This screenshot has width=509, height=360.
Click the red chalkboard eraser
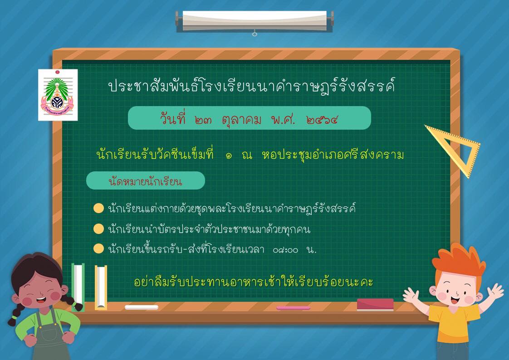coord(375,305)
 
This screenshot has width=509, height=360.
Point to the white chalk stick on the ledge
coord(141,307)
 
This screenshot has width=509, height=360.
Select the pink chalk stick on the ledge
coord(293,308)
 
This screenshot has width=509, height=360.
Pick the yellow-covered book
coord(101,287)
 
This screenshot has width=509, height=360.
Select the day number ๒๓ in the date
coord(203,121)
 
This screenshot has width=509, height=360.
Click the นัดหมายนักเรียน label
coord(145,181)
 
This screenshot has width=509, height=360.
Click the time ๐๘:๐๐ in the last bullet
coord(285,250)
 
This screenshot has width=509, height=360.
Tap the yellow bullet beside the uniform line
coord(98,208)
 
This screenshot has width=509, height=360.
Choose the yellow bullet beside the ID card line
coord(98,229)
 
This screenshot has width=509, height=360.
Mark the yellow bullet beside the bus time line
coord(98,249)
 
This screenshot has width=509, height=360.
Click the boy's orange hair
coord(458,259)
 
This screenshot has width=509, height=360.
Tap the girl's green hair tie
coord(14,314)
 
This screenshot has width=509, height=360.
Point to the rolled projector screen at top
coord(254,21)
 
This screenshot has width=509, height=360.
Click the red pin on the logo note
coord(58,72)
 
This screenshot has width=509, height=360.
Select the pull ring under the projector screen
coord(254,34)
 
